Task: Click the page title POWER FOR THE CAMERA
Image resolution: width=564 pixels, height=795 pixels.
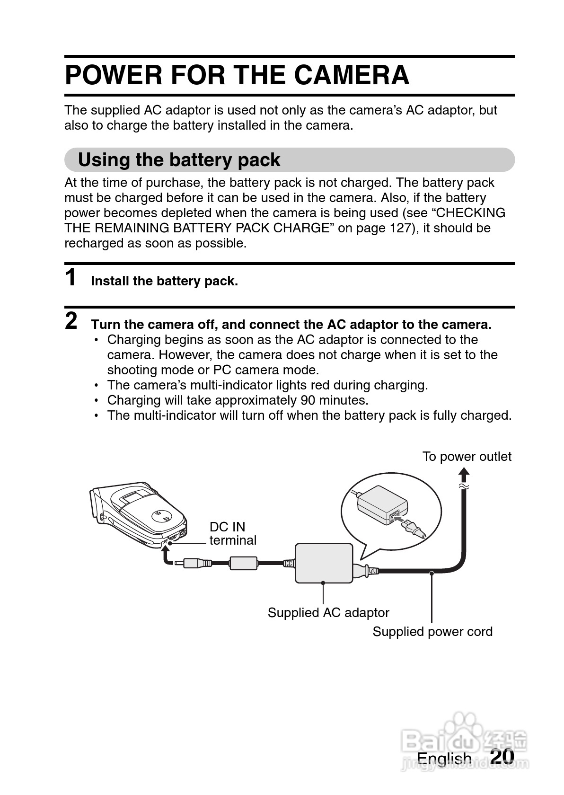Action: pos(237,75)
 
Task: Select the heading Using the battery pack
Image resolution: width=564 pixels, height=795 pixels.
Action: pos(179,160)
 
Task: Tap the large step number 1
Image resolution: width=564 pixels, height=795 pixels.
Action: pos(71,278)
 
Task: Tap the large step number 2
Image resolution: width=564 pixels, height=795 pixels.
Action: pos(71,321)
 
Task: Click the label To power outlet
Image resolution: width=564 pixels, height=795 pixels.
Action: pos(467,457)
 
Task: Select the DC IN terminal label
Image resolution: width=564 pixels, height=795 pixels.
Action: pos(232,534)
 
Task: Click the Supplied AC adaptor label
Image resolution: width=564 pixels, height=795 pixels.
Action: pos(328,613)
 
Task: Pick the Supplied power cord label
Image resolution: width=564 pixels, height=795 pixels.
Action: pos(432,632)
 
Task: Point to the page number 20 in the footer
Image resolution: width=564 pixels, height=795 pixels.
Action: pos(502,756)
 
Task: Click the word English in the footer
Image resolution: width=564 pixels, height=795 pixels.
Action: pos(444,759)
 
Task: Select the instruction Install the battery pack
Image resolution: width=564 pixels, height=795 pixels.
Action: pos(164,282)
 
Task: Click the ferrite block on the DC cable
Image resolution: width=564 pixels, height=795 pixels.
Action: pos(243,563)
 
